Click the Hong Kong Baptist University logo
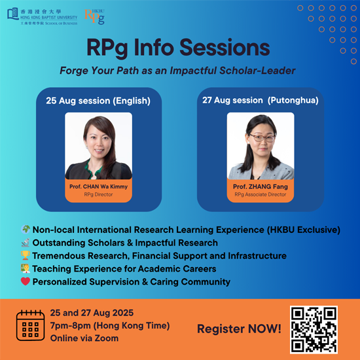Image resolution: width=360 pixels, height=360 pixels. click(x=43, y=16)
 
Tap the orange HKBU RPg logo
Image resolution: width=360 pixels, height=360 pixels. click(x=94, y=16)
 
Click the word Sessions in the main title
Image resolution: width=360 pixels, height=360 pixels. click(x=225, y=48)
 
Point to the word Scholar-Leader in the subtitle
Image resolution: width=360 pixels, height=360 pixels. click(x=257, y=71)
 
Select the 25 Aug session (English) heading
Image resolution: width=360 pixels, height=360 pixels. click(x=98, y=101)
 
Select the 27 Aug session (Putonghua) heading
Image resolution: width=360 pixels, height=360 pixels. click(x=261, y=100)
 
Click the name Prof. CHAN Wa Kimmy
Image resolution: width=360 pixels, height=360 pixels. click(x=98, y=187)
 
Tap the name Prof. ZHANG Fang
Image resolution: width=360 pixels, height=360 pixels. click(x=261, y=187)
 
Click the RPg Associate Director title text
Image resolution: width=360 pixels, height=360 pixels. click(x=261, y=194)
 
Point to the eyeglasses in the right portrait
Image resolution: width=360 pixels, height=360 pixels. click(x=262, y=137)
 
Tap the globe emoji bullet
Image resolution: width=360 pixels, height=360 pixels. click(x=26, y=229)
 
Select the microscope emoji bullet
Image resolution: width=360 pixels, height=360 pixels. click(x=26, y=242)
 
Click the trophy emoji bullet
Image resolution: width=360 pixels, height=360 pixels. click(x=26, y=255)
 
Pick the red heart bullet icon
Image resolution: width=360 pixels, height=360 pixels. click(x=26, y=281)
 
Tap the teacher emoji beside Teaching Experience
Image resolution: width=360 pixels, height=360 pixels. click(x=26, y=268)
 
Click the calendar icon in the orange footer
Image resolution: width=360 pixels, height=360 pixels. click(x=30, y=325)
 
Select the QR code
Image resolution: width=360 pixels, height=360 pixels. click(x=314, y=329)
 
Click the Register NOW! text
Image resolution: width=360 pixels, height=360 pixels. click(x=239, y=329)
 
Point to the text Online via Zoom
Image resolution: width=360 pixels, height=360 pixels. click(x=84, y=338)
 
